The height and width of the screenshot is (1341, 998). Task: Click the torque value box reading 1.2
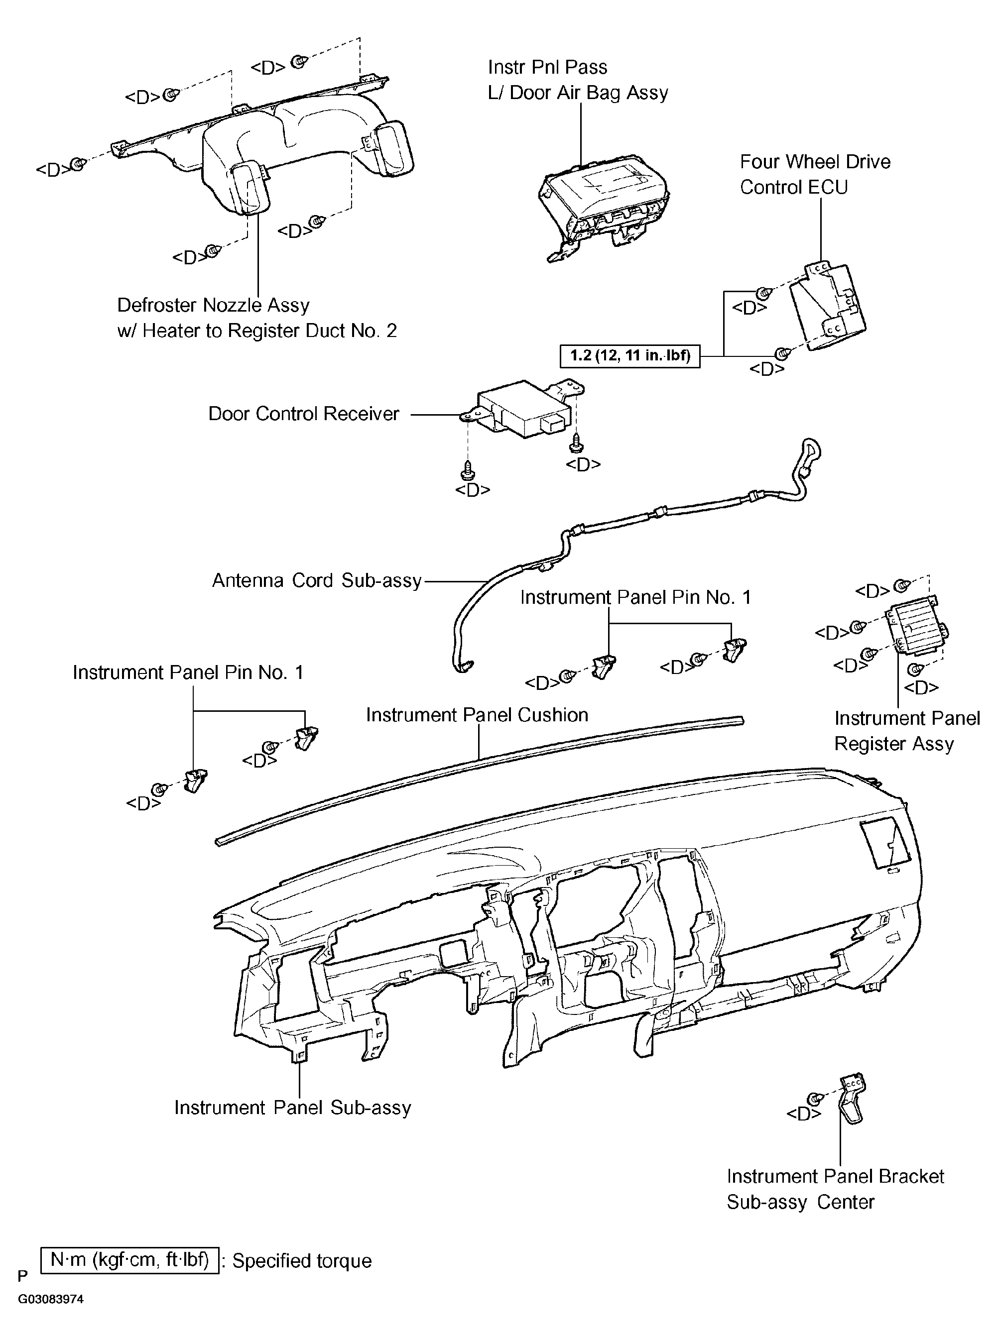(630, 355)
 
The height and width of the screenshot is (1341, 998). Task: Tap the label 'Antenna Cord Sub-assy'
(317, 580)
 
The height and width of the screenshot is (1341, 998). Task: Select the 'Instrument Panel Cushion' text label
(477, 715)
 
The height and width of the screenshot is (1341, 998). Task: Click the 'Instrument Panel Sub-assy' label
(293, 1108)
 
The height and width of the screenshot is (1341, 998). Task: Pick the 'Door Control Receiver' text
(304, 414)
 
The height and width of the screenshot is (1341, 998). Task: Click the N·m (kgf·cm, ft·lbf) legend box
(130, 1261)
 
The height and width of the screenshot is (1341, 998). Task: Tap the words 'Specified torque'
(302, 1261)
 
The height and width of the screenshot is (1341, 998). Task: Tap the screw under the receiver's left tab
(467, 470)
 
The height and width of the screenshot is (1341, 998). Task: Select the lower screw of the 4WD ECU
(783, 352)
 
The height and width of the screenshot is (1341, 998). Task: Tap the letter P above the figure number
(23, 1276)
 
